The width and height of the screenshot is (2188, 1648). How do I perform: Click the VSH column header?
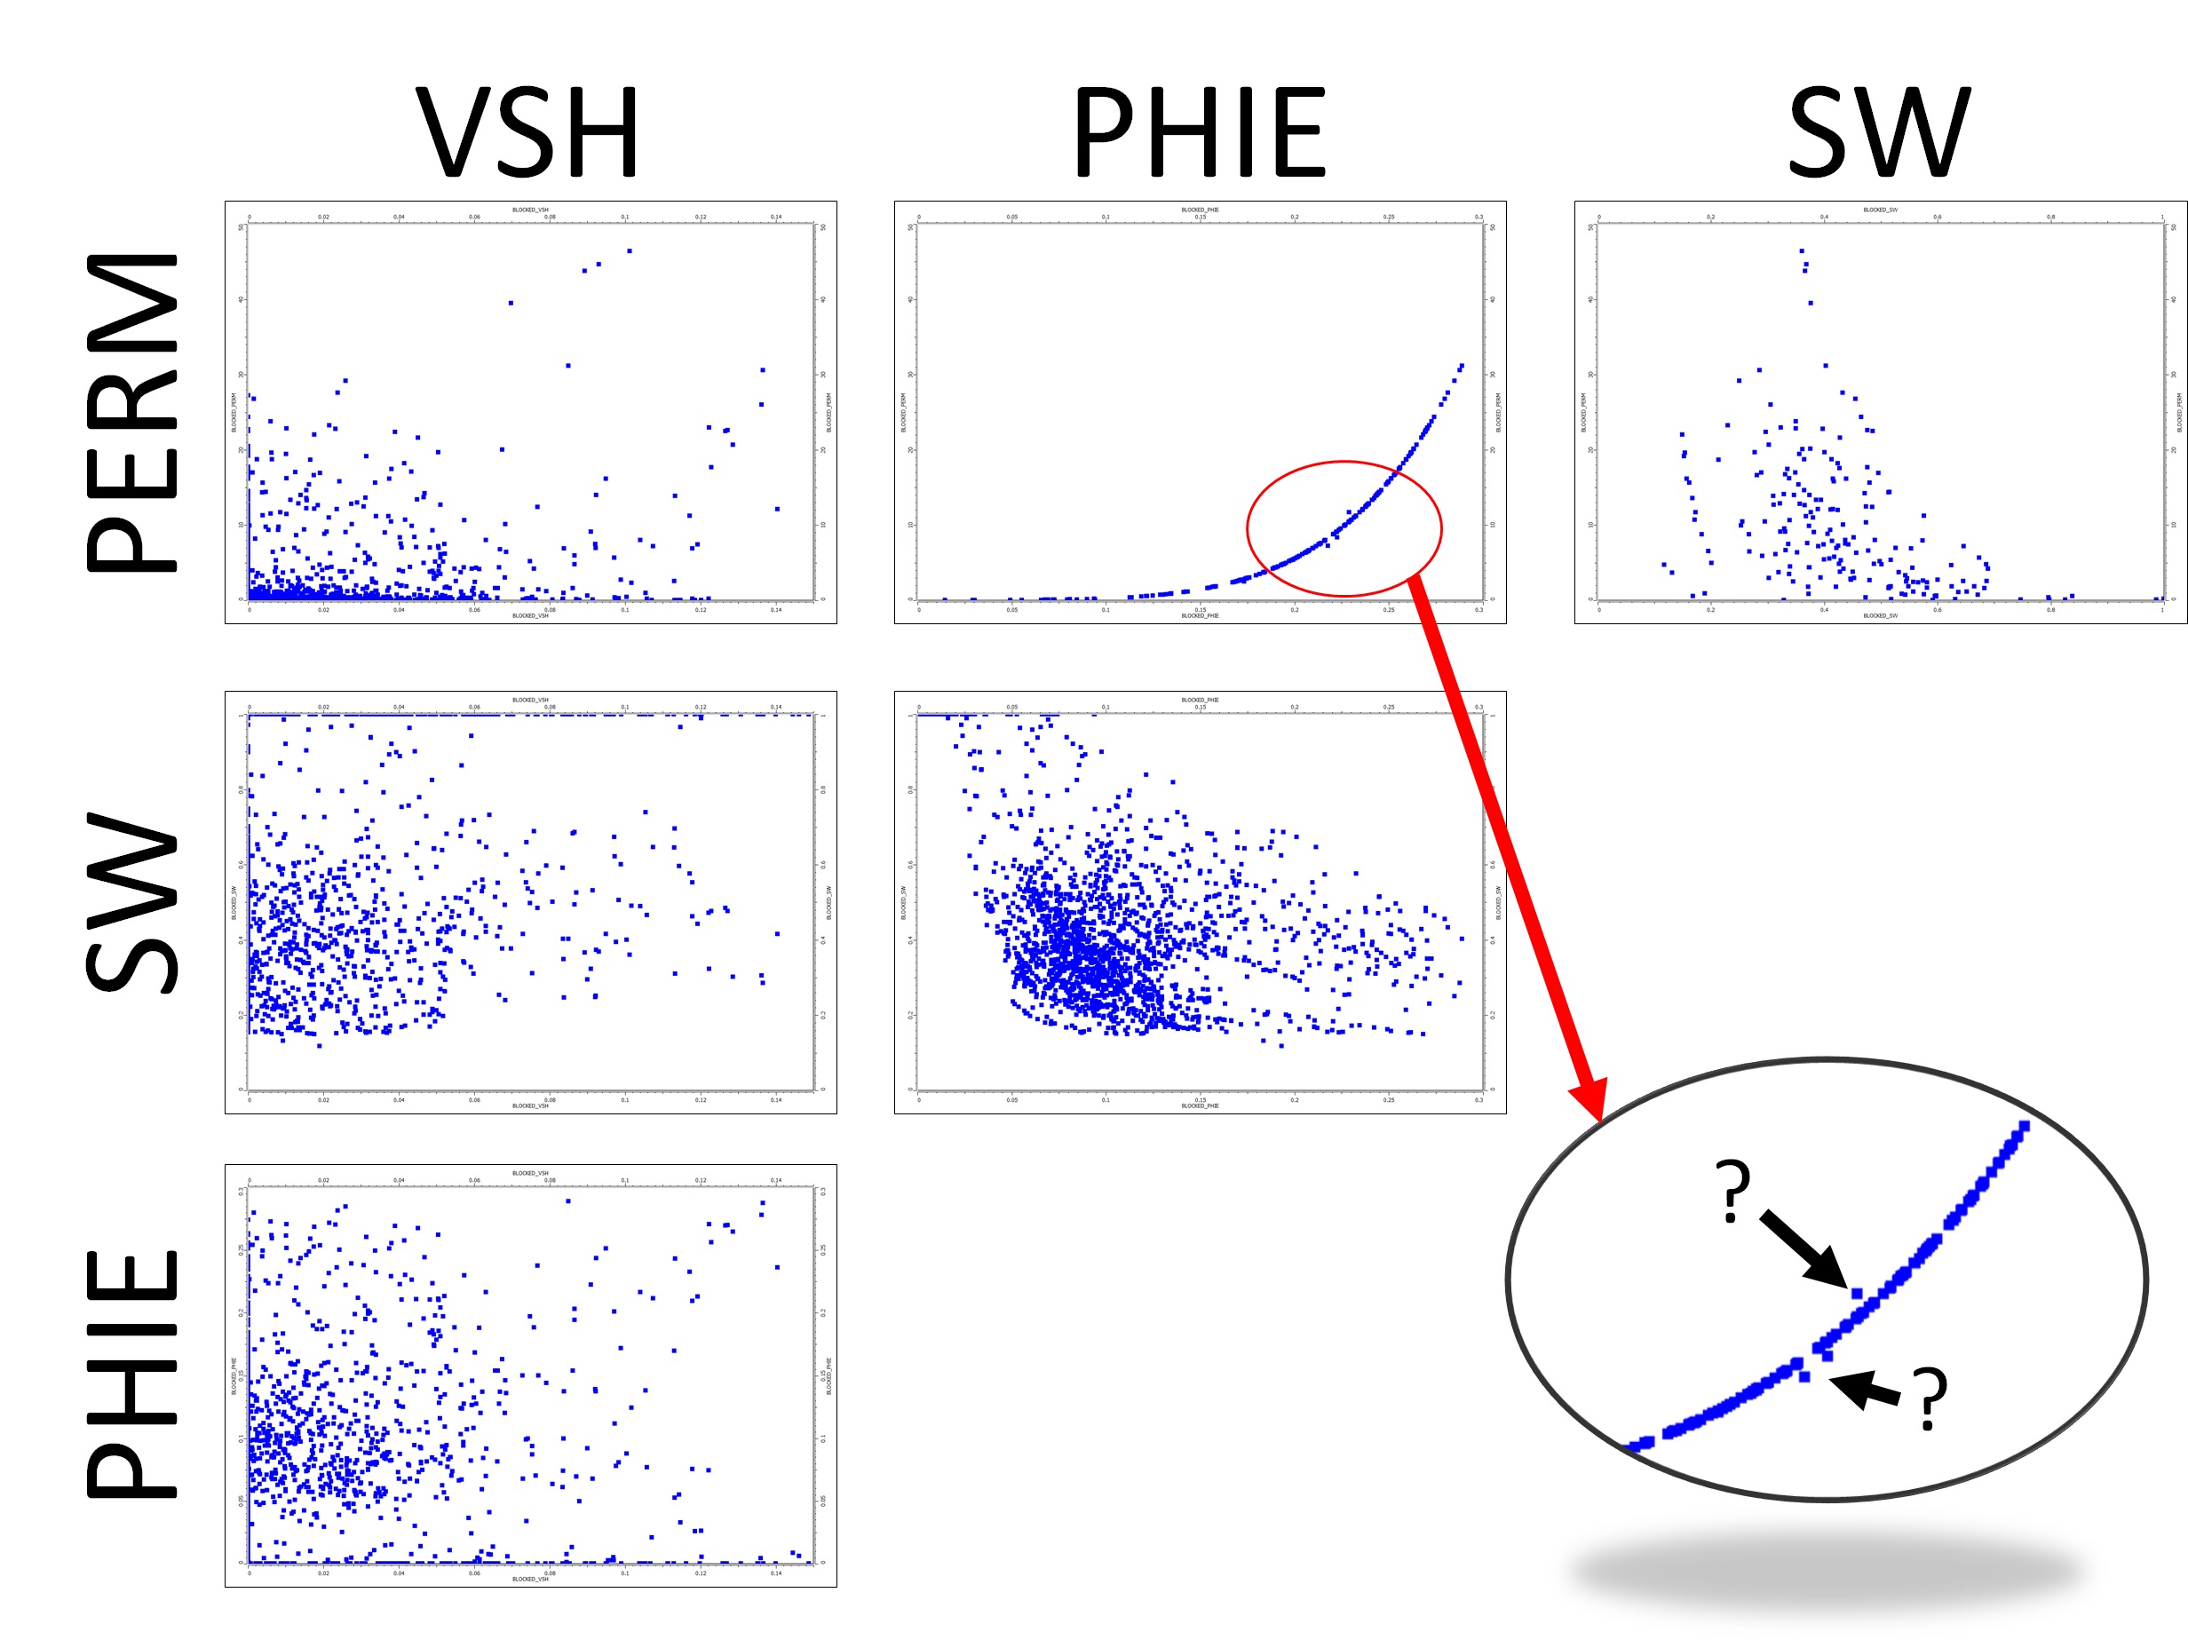(527, 132)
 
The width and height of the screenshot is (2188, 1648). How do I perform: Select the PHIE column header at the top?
(1199, 132)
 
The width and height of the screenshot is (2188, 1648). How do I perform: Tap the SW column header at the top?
(1878, 132)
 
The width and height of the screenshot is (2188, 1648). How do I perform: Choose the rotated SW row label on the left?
(132, 902)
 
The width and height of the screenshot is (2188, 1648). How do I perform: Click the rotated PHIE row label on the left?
(132, 1375)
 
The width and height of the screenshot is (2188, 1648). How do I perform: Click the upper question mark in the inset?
(1733, 1191)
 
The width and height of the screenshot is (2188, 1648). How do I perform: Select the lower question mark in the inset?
(1929, 1398)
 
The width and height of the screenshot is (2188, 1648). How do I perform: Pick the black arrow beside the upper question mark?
(1804, 1250)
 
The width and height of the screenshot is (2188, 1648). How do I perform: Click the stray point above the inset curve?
(1857, 1294)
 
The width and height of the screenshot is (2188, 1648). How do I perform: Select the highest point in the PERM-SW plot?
(1801, 251)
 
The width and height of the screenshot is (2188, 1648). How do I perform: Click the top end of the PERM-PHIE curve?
(1462, 366)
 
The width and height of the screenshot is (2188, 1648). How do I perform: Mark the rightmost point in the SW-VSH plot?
(778, 933)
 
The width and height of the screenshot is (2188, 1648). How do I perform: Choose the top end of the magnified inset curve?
(2025, 1126)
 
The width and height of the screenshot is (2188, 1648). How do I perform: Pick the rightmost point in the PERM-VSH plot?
(778, 510)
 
